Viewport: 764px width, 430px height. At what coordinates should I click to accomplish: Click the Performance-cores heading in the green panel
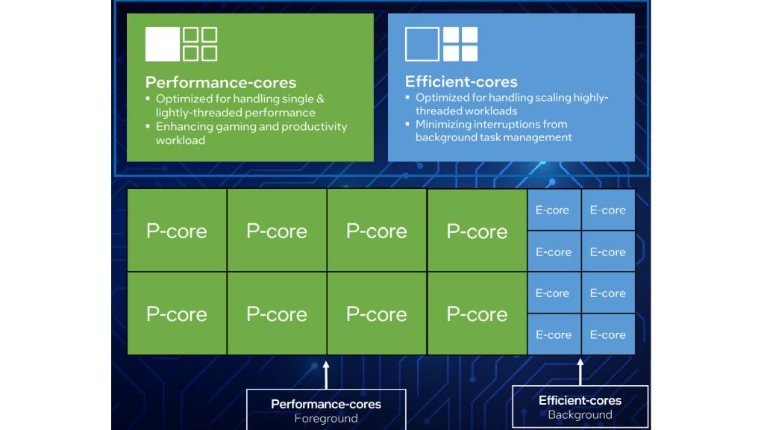coord(220,82)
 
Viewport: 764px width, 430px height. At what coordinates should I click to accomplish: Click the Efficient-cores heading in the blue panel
coord(460,81)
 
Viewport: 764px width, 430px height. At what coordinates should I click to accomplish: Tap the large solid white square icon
coord(162,44)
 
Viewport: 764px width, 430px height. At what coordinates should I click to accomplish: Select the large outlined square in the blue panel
coord(422,44)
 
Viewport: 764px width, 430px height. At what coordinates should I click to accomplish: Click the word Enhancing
coord(184,126)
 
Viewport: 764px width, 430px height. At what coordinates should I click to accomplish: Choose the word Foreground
coord(326,419)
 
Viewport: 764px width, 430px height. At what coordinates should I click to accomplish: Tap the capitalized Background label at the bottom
coord(580,414)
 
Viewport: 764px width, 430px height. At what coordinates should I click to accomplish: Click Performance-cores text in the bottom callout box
coord(326,404)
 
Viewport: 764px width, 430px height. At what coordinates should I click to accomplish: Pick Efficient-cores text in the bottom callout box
coord(580,400)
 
